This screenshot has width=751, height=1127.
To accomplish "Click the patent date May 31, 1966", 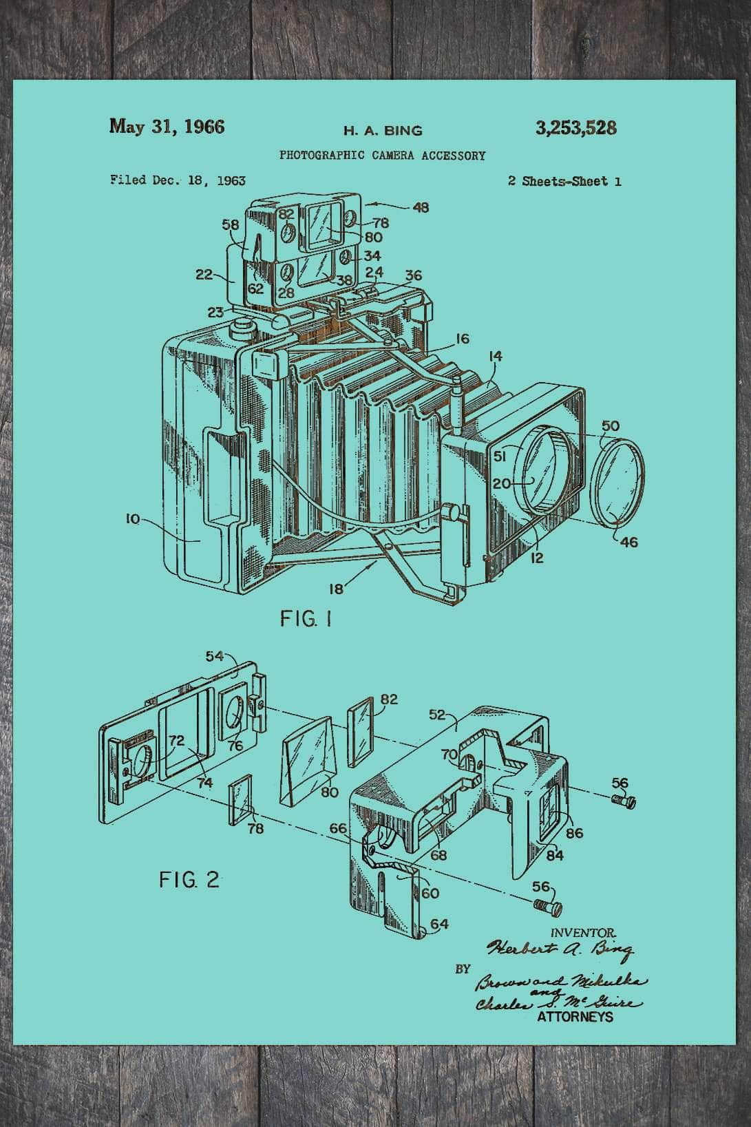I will [x=167, y=127].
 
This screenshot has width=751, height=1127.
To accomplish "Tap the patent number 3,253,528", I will [x=575, y=128].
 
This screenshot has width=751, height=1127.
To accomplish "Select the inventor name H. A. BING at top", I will [x=383, y=130].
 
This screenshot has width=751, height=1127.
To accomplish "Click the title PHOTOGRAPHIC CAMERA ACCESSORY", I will [x=382, y=156].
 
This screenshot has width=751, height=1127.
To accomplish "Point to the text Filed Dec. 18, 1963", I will [x=178, y=180].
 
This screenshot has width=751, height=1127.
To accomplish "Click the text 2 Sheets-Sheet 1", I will [x=564, y=182].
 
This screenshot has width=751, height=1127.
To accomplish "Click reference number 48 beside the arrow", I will [x=421, y=207].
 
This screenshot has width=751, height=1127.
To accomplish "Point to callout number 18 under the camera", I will [x=336, y=588].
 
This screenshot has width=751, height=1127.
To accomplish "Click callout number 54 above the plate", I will [x=215, y=656].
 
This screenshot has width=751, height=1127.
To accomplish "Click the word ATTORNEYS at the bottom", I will [x=574, y=1018].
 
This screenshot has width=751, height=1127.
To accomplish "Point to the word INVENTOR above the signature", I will [x=579, y=932].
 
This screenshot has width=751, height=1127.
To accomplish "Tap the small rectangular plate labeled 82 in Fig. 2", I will [x=360, y=730].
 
